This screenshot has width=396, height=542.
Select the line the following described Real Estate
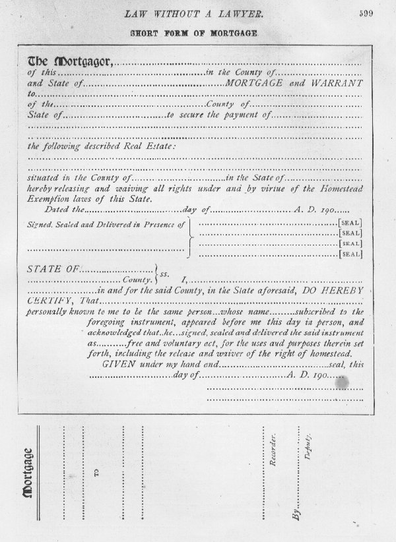tap(102, 146)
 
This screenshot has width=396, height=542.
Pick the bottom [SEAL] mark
tap(350, 253)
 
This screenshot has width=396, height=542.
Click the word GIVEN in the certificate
tap(117, 364)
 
